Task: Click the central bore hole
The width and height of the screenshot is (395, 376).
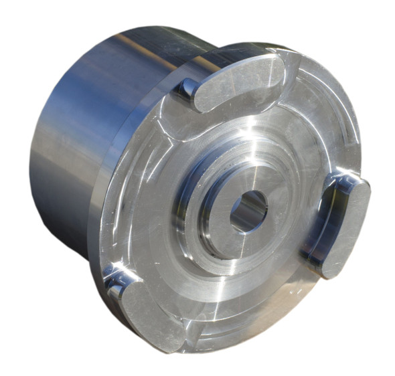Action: (x=249, y=211)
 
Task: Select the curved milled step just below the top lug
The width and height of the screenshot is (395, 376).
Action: (x=221, y=124)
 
